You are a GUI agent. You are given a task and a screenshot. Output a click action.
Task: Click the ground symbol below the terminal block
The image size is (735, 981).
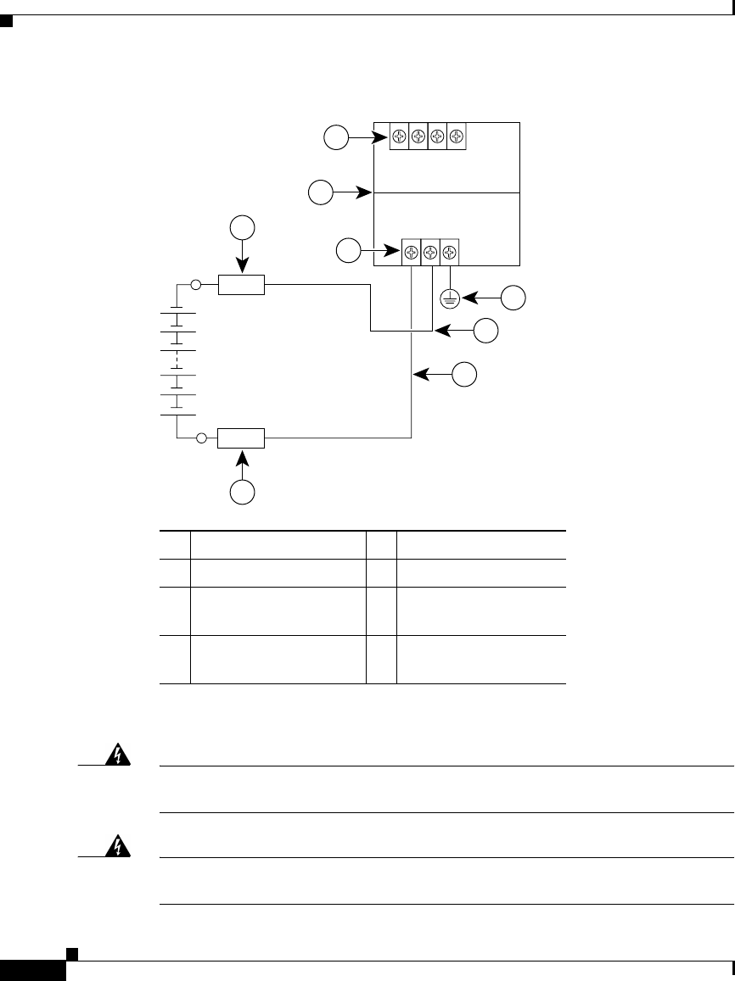pyautogui.click(x=450, y=298)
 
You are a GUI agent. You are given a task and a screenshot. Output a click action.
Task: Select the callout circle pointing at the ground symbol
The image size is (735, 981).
pyautogui.click(x=513, y=298)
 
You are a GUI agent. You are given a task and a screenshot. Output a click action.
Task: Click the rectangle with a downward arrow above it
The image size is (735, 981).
pyautogui.click(x=242, y=285)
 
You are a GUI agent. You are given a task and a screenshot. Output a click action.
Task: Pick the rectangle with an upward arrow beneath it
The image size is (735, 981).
pyautogui.click(x=242, y=438)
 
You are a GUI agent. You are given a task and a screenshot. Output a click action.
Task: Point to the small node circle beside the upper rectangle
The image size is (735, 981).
pyautogui.click(x=196, y=285)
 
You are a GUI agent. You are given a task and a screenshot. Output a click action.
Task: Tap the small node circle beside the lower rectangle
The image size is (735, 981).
pyautogui.click(x=201, y=438)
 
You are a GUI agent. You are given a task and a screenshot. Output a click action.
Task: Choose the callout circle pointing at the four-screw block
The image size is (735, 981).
pyautogui.click(x=337, y=137)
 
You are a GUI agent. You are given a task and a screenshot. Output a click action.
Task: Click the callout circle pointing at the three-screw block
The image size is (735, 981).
pyautogui.click(x=347, y=251)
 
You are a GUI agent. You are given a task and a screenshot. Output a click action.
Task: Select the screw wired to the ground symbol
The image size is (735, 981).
pyautogui.click(x=450, y=252)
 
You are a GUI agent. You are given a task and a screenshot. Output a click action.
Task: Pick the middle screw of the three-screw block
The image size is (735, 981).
pyautogui.click(x=430, y=252)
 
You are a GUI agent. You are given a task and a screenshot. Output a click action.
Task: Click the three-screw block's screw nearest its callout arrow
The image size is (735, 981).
pyautogui.click(x=411, y=252)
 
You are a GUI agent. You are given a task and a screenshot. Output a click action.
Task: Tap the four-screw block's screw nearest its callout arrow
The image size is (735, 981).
pyautogui.click(x=399, y=137)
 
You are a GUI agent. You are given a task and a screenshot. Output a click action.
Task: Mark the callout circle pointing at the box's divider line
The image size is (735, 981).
pyautogui.click(x=320, y=192)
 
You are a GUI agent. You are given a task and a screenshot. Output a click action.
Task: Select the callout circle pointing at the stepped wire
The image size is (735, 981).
pyautogui.click(x=485, y=332)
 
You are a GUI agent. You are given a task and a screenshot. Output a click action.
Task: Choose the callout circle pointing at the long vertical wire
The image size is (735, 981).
pyautogui.click(x=464, y=374)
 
